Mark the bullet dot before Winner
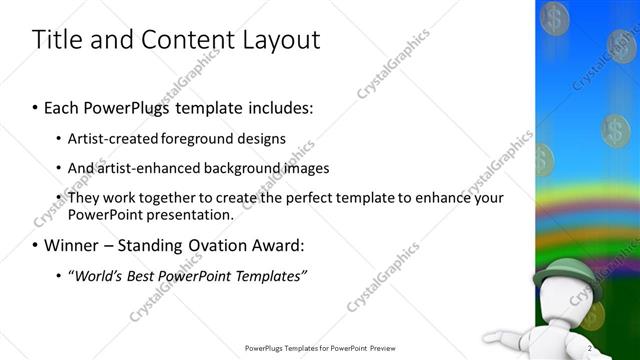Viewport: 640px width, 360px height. pyautogui.click(x=36, y=245)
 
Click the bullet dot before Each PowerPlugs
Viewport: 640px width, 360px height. pyautogui.click(x=36, y=106)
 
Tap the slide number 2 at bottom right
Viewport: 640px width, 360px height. pyautogui.click(x=591, y=348)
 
